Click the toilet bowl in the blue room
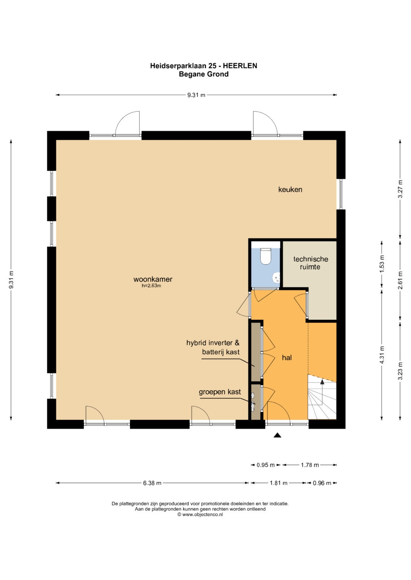pyautogui.click(x=266, y=256)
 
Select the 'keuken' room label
pyautogui.click(x=290, y=190)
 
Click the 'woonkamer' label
pyautogui.click(x=153, y=279)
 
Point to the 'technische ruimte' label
pyautogui.click(x=311, y=263)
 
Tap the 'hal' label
pyautogui.click(x=287, y=357)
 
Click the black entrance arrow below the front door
pyautogui.click(x=277, y=435)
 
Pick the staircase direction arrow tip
pyautogui.click(x=322, y=379)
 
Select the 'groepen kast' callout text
pyautogui.click(x=220, y=392)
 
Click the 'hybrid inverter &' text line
pyautogui.click(x=213, y=343)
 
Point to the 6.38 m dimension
pyautogui.click(x=152, y=483)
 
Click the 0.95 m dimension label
pyautogui.click(x=266, y=465)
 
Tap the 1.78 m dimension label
pyautogui.click(x=310, y=465)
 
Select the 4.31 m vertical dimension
pyautogui.click(x=381, y=355)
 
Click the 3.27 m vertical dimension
pyautogui.click(x=400, y=189)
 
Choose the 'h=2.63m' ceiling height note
pyautogui.click(x=151, y=286)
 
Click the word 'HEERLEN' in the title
pyautogui.click(x=240, y=66)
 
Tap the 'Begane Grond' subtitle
pyautogui.click(x=204, y=74)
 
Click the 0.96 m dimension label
pyautogui.click(x=322, y=483)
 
